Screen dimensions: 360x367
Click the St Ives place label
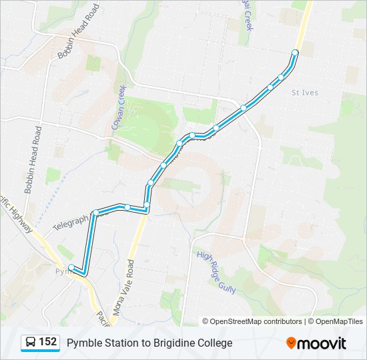click(305, 93)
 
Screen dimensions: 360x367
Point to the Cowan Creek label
click(117, 110)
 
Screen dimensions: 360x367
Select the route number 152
click(47, 343)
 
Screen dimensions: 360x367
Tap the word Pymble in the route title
click(83, 343)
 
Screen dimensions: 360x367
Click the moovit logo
click(316, 343)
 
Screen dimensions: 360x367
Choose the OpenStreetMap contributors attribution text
click(256, 321)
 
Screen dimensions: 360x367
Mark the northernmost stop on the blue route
click(295, 52)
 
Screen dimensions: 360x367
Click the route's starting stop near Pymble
click(71, 267)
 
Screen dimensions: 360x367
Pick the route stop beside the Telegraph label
click(96, 213)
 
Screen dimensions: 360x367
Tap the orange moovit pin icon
click(291, 343)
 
